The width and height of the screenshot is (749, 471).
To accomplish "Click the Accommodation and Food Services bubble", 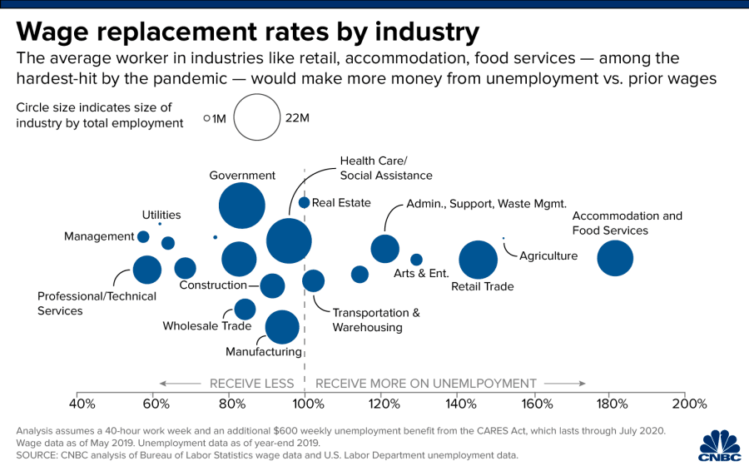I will pyautogui.click(x=615, y=258).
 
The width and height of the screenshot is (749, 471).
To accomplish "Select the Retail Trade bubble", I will pyautogui.click(x=478, y=260).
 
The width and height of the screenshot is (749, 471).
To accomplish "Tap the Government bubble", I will pyautogui.click(x=242, y=205).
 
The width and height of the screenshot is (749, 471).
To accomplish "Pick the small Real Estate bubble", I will pyautogui.click(x=304, y=202).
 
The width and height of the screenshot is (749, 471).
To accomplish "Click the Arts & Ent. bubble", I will pyautogui.click(x=416, y=260).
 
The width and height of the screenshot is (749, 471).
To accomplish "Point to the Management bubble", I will pyautogui.click(x=143, y=237).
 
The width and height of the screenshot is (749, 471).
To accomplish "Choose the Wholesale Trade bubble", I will pyautogui.click(x=245, y=310).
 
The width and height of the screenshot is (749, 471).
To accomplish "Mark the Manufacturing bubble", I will pyautogui.click(x=282, y=326).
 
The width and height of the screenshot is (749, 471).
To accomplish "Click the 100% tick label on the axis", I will pyautogui.click(x=308, y=404).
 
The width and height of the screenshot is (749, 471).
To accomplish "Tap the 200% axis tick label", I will pyautogui.click(x=689, y=404).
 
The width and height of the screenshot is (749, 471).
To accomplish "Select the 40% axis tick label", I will pyautogui.click(x=81, y=404).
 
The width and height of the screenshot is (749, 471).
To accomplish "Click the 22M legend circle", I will pyautogui.click(x=256, y=117).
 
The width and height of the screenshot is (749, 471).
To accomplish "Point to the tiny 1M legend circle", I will pyautogui.click(x=206, y=118).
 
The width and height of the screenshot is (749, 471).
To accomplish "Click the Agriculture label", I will pyautogui.click(x=548, y=255).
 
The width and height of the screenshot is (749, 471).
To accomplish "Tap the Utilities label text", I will pyautogui.click(x=161, y=215).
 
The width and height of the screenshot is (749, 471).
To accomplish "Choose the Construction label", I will pyautogui.click(x=213, y=285).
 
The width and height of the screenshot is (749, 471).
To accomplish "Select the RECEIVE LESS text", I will pyautogui.click(x=251, y=384).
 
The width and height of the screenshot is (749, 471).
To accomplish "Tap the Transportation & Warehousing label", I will pyautogui.click(x=376, y=320).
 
